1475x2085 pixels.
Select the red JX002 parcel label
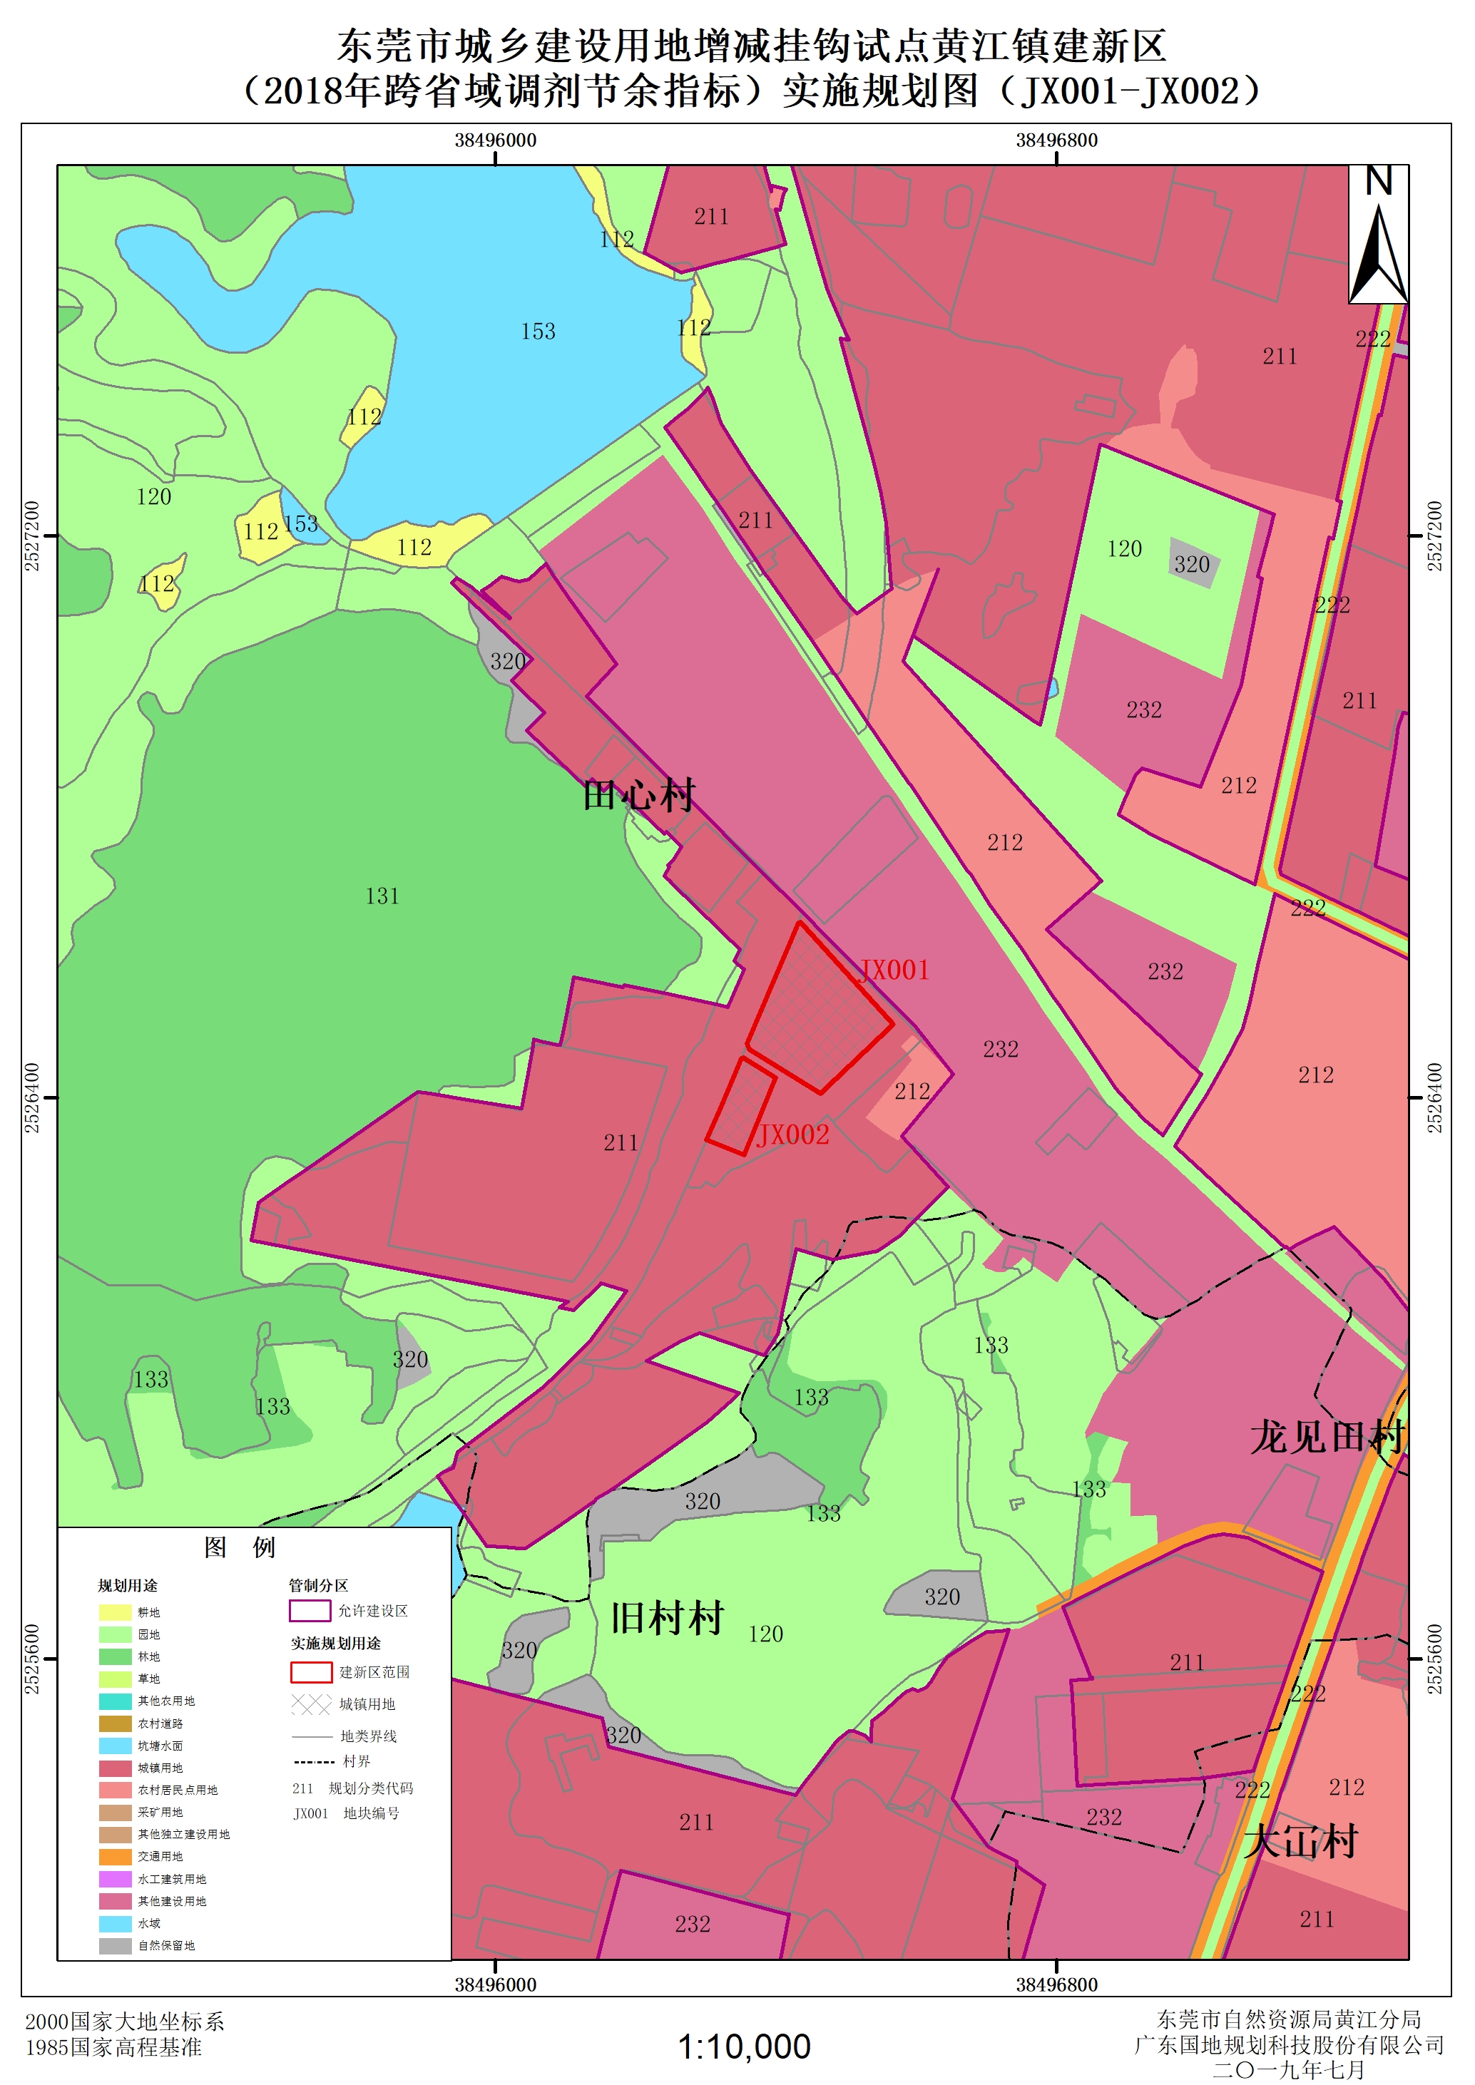tap(793, 1134)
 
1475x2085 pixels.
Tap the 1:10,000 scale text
tap(744, 2047)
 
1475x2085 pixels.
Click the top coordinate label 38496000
tap(495, 140)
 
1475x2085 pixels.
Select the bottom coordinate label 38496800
tap(1056, 1984)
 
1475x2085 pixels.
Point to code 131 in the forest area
tap(382, 896)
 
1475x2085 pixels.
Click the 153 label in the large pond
tap(538, 332)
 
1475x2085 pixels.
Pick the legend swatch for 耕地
tap(116, 1613)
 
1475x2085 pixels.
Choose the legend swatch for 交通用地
tap(116, 1857)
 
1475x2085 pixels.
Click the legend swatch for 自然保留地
tap(116, 1946)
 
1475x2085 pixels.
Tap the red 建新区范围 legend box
tap(311, 1672)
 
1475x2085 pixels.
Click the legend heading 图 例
tap(240, 1547)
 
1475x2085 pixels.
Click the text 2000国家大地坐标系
tap(124, 2022)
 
